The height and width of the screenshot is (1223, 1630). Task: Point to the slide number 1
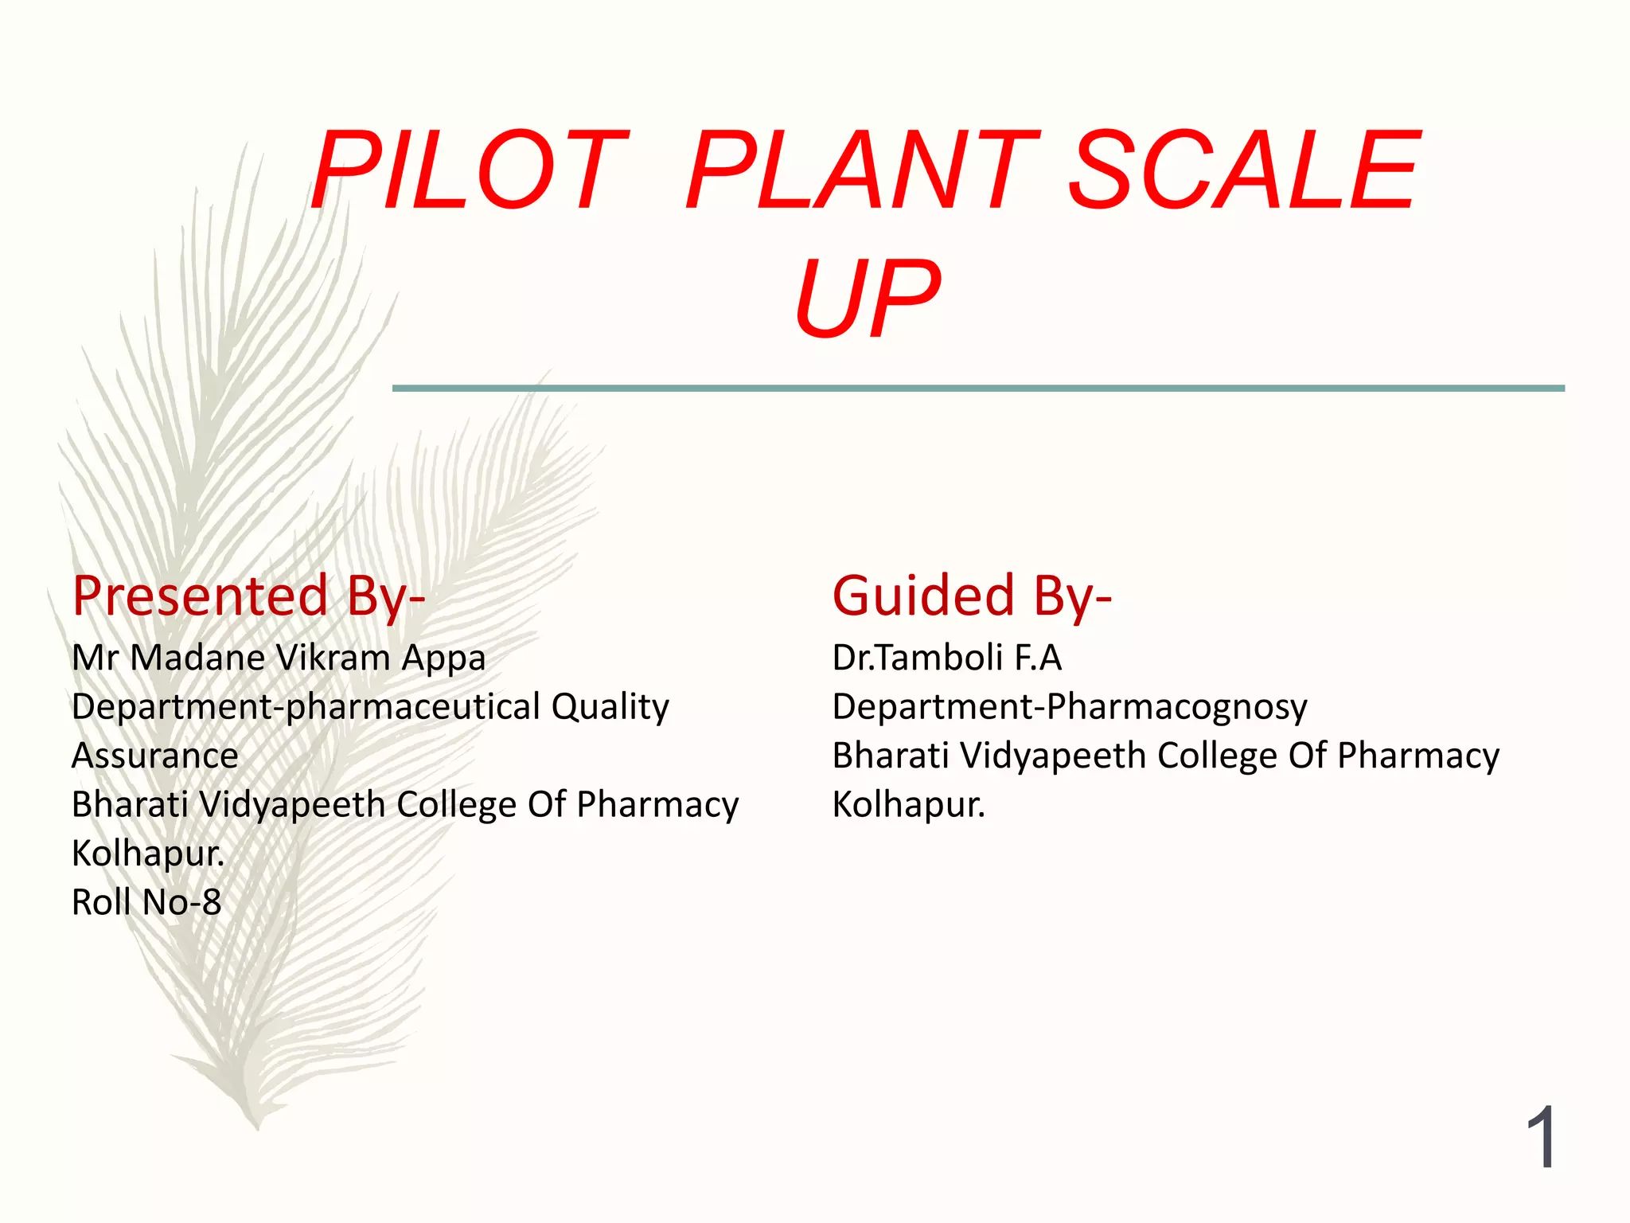point(1542,1138)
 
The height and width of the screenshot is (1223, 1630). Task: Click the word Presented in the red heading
point(200,596)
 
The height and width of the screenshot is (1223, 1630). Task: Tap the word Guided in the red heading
point(923,596)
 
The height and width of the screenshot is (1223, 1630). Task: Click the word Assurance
point(155,756)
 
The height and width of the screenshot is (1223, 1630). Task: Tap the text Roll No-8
point(146,903)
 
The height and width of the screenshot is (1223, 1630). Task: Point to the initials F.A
point(1038,658)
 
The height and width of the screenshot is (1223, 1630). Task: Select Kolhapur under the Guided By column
point(908,805)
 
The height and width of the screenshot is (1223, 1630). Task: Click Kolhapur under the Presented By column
point(148,854)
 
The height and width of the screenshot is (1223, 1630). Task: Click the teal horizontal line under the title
point(978,389)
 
